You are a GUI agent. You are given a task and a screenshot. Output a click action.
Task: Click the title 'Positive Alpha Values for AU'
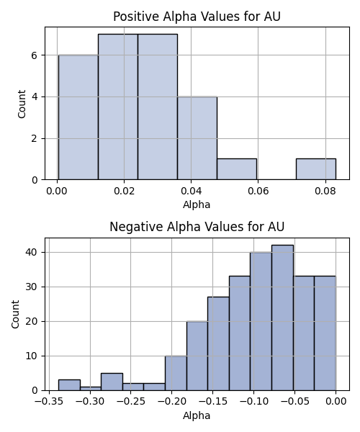197,17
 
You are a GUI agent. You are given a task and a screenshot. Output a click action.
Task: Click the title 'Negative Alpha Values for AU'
197,227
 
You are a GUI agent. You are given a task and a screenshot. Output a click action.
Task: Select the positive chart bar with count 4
197,138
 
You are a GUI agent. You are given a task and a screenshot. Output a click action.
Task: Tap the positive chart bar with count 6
78,117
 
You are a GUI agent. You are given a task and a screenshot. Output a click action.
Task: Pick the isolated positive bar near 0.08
316,169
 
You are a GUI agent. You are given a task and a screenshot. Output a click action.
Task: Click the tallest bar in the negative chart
283,318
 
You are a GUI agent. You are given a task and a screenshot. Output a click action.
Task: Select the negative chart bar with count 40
261,321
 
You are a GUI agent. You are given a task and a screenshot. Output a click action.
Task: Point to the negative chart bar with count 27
218,343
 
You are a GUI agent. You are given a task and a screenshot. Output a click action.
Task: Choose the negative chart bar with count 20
197,356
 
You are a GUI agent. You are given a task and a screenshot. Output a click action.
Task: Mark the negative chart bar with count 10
176,373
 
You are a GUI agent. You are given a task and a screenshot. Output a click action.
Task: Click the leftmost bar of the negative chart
69,385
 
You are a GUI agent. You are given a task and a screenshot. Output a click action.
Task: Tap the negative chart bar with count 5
112,382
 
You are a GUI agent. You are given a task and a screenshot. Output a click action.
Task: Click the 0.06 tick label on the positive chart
258,191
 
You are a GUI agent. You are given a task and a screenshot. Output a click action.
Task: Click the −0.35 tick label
49,402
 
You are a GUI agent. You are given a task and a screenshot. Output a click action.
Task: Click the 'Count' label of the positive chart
22,104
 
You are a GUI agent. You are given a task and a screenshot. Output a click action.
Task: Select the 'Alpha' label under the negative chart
197,415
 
